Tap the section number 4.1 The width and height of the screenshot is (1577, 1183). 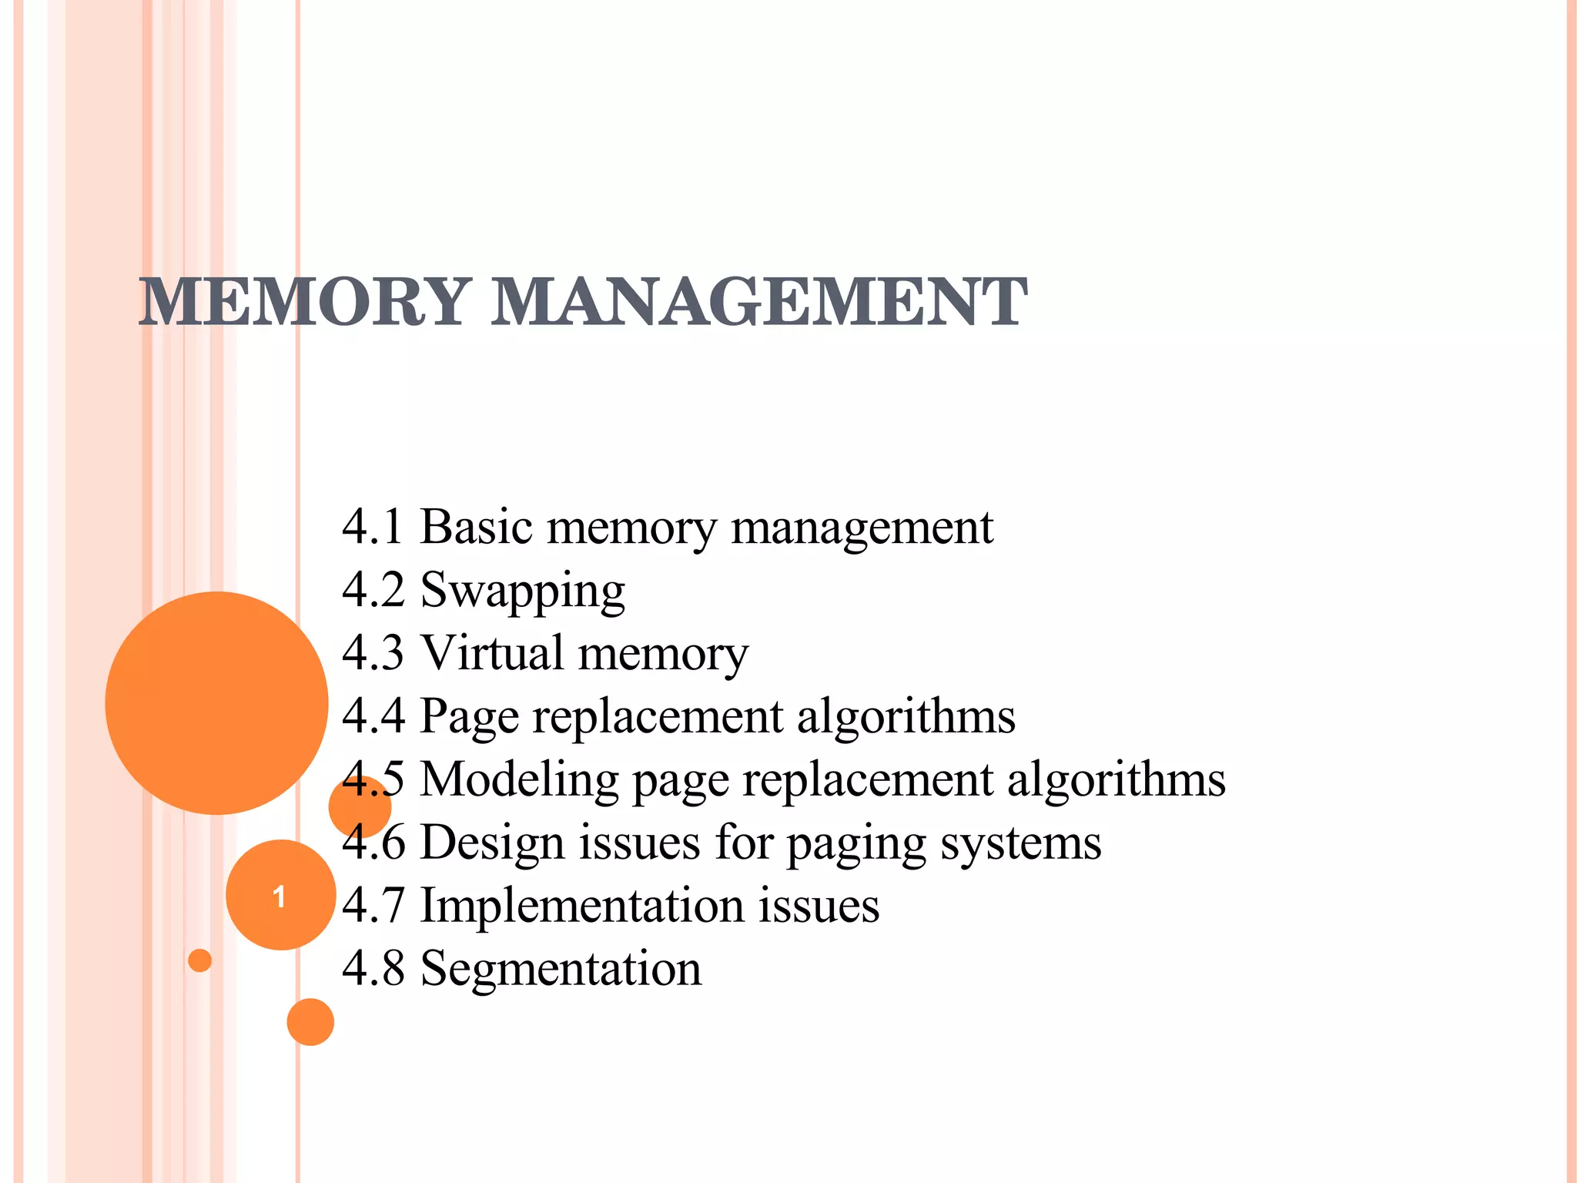373,528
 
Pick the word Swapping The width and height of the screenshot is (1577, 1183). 522,592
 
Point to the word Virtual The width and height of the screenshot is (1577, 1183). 493,653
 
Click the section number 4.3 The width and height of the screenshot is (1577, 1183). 373,653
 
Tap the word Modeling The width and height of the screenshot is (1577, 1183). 520,779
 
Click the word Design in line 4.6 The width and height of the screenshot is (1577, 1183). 492,843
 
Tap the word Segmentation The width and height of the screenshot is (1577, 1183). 561,969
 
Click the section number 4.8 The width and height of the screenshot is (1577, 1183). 373,969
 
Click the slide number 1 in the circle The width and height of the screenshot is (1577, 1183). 280,896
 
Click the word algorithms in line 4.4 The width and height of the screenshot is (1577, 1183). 906,716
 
